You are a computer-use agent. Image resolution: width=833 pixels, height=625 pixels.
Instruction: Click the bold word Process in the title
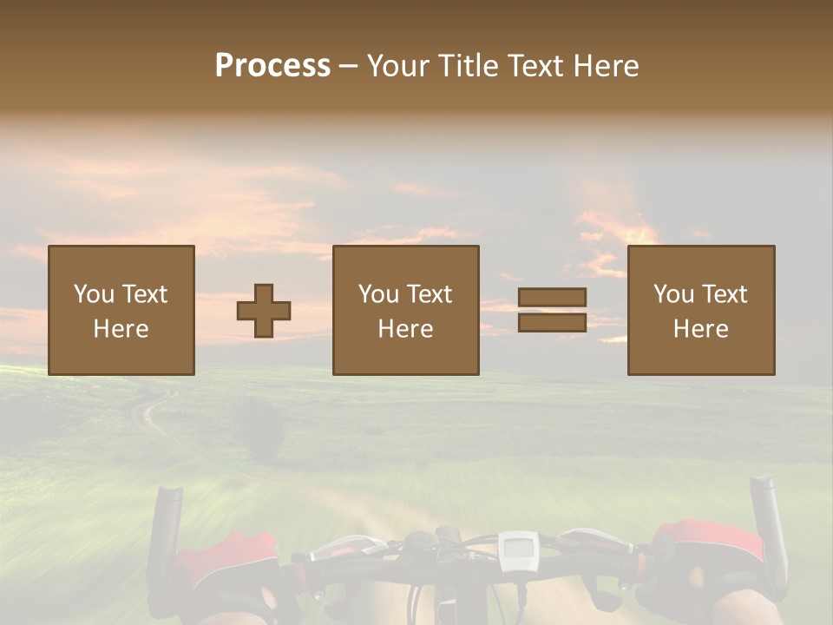(272, 66)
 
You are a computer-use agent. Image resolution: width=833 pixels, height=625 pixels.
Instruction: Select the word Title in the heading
(467, 66)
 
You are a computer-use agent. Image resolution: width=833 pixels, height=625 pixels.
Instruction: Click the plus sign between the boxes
(264, 311)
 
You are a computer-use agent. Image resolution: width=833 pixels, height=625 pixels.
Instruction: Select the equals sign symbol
(552, 310)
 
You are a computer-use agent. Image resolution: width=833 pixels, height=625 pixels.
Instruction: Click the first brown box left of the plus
(121, 311)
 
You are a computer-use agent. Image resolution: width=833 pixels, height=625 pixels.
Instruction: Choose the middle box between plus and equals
(406, 311)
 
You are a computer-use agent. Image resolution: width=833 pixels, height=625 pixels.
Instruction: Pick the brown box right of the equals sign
(701, 311)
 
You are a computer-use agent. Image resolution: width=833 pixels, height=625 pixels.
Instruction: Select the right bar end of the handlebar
(766, 521)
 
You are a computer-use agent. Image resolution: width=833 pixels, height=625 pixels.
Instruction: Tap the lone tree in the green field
(259, 425)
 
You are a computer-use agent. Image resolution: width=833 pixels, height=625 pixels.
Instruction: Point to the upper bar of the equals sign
(552, 297)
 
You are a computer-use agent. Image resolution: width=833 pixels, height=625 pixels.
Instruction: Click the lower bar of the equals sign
(552, 323)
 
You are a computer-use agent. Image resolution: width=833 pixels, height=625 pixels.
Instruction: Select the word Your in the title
(399, 66)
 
